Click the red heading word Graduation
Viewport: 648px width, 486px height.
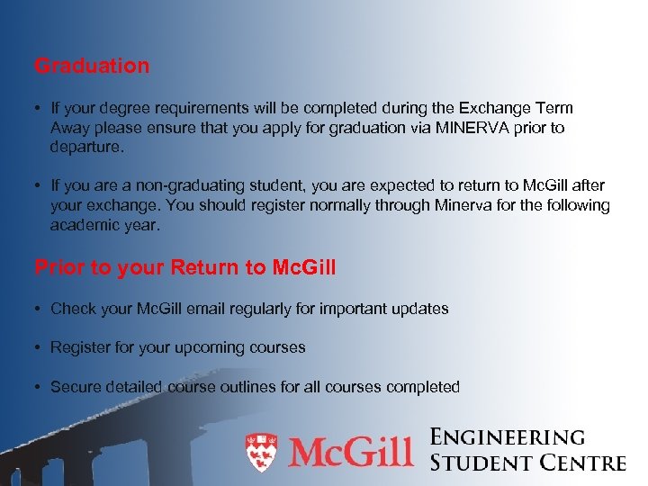click(x=92, y=66)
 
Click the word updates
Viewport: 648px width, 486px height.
click(x=419, y=309)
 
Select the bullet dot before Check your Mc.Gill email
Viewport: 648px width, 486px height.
click(x=39, y=309)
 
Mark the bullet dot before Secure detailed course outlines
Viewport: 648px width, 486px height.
click(x=39, y=387)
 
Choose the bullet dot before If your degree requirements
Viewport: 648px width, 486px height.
click(x=39, y=108)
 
